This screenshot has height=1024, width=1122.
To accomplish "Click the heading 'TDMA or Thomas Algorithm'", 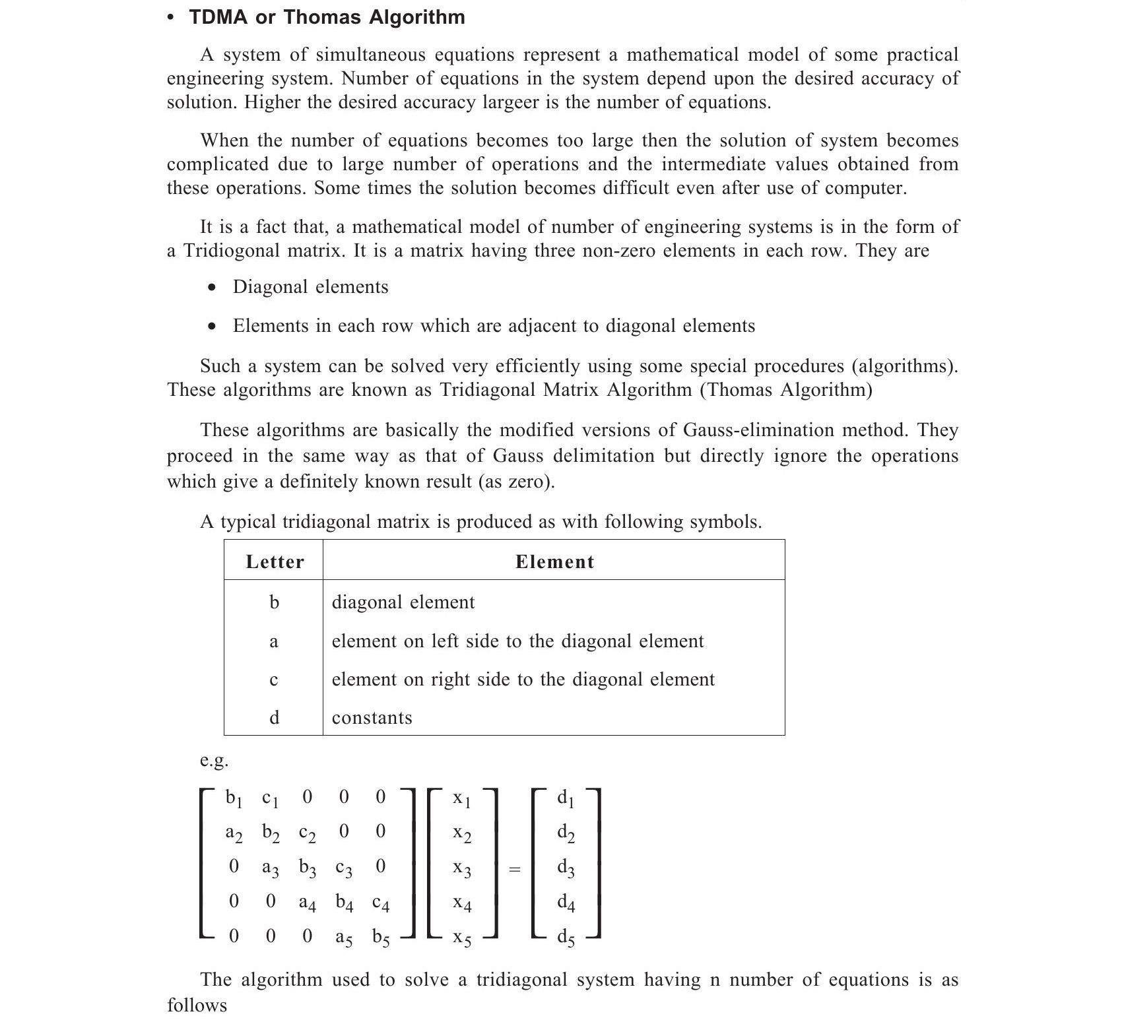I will [x=327, y=17].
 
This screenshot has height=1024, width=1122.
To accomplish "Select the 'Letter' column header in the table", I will [x=275, y=561].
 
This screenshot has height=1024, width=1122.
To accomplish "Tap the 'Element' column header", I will [x=554, y=561].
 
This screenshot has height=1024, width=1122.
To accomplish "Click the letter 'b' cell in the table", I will [x=274, y=602].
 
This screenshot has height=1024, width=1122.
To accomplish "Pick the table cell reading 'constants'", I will [x=372, y=717].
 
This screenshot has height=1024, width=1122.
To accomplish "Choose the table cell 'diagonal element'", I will [x=403, y=602].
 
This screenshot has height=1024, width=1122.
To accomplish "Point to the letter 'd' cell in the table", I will [x=274, y=717].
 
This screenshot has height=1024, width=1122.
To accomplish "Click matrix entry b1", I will [x=234, y=798].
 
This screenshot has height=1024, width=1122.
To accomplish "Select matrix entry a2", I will [x=234, y=833].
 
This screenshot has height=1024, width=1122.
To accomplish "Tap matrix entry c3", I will [x=344, y=868].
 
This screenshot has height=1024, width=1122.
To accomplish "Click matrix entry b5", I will [x=381, y=938].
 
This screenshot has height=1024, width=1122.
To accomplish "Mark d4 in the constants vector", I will [x=566, y=903].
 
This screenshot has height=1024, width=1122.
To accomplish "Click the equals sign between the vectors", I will [x=515, y=870].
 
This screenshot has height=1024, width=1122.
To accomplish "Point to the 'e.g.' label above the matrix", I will [x=214, y=761].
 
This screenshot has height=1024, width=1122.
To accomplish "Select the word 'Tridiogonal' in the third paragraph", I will [x=232, y=251].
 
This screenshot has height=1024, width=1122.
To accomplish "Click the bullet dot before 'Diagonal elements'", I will [x=211, y=288].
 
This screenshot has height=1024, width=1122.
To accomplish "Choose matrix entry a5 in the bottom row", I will [x=344, y=938].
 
